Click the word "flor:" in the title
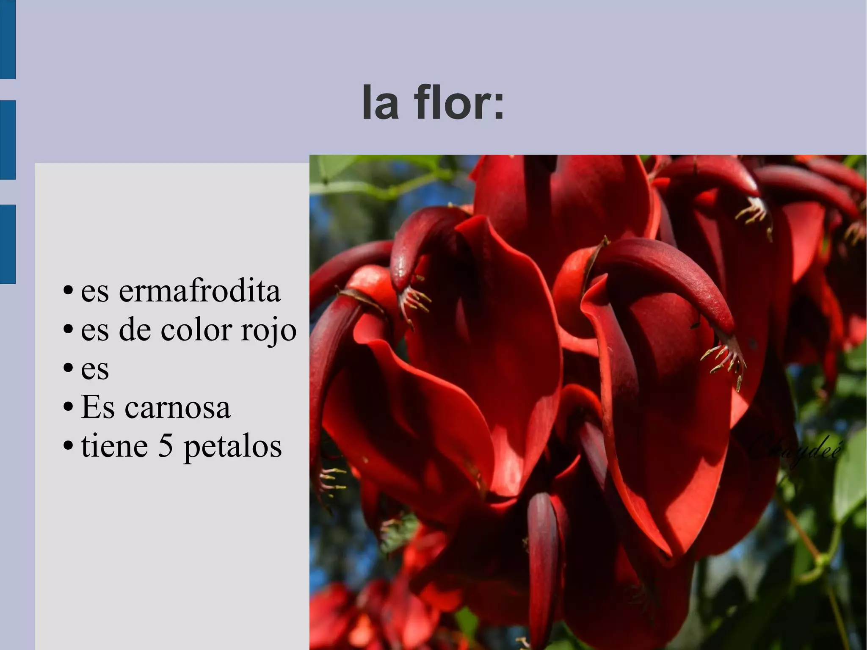point(459,102)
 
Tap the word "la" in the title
point(380,102)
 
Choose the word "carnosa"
point(177,407)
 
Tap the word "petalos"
point(232,447)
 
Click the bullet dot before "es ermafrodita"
point(67,292)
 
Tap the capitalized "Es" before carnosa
point(97,407)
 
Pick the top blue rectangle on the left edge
point(8,39)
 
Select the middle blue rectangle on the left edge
point(8,140)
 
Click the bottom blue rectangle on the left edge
point(8,244)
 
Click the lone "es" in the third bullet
point(95,369)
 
